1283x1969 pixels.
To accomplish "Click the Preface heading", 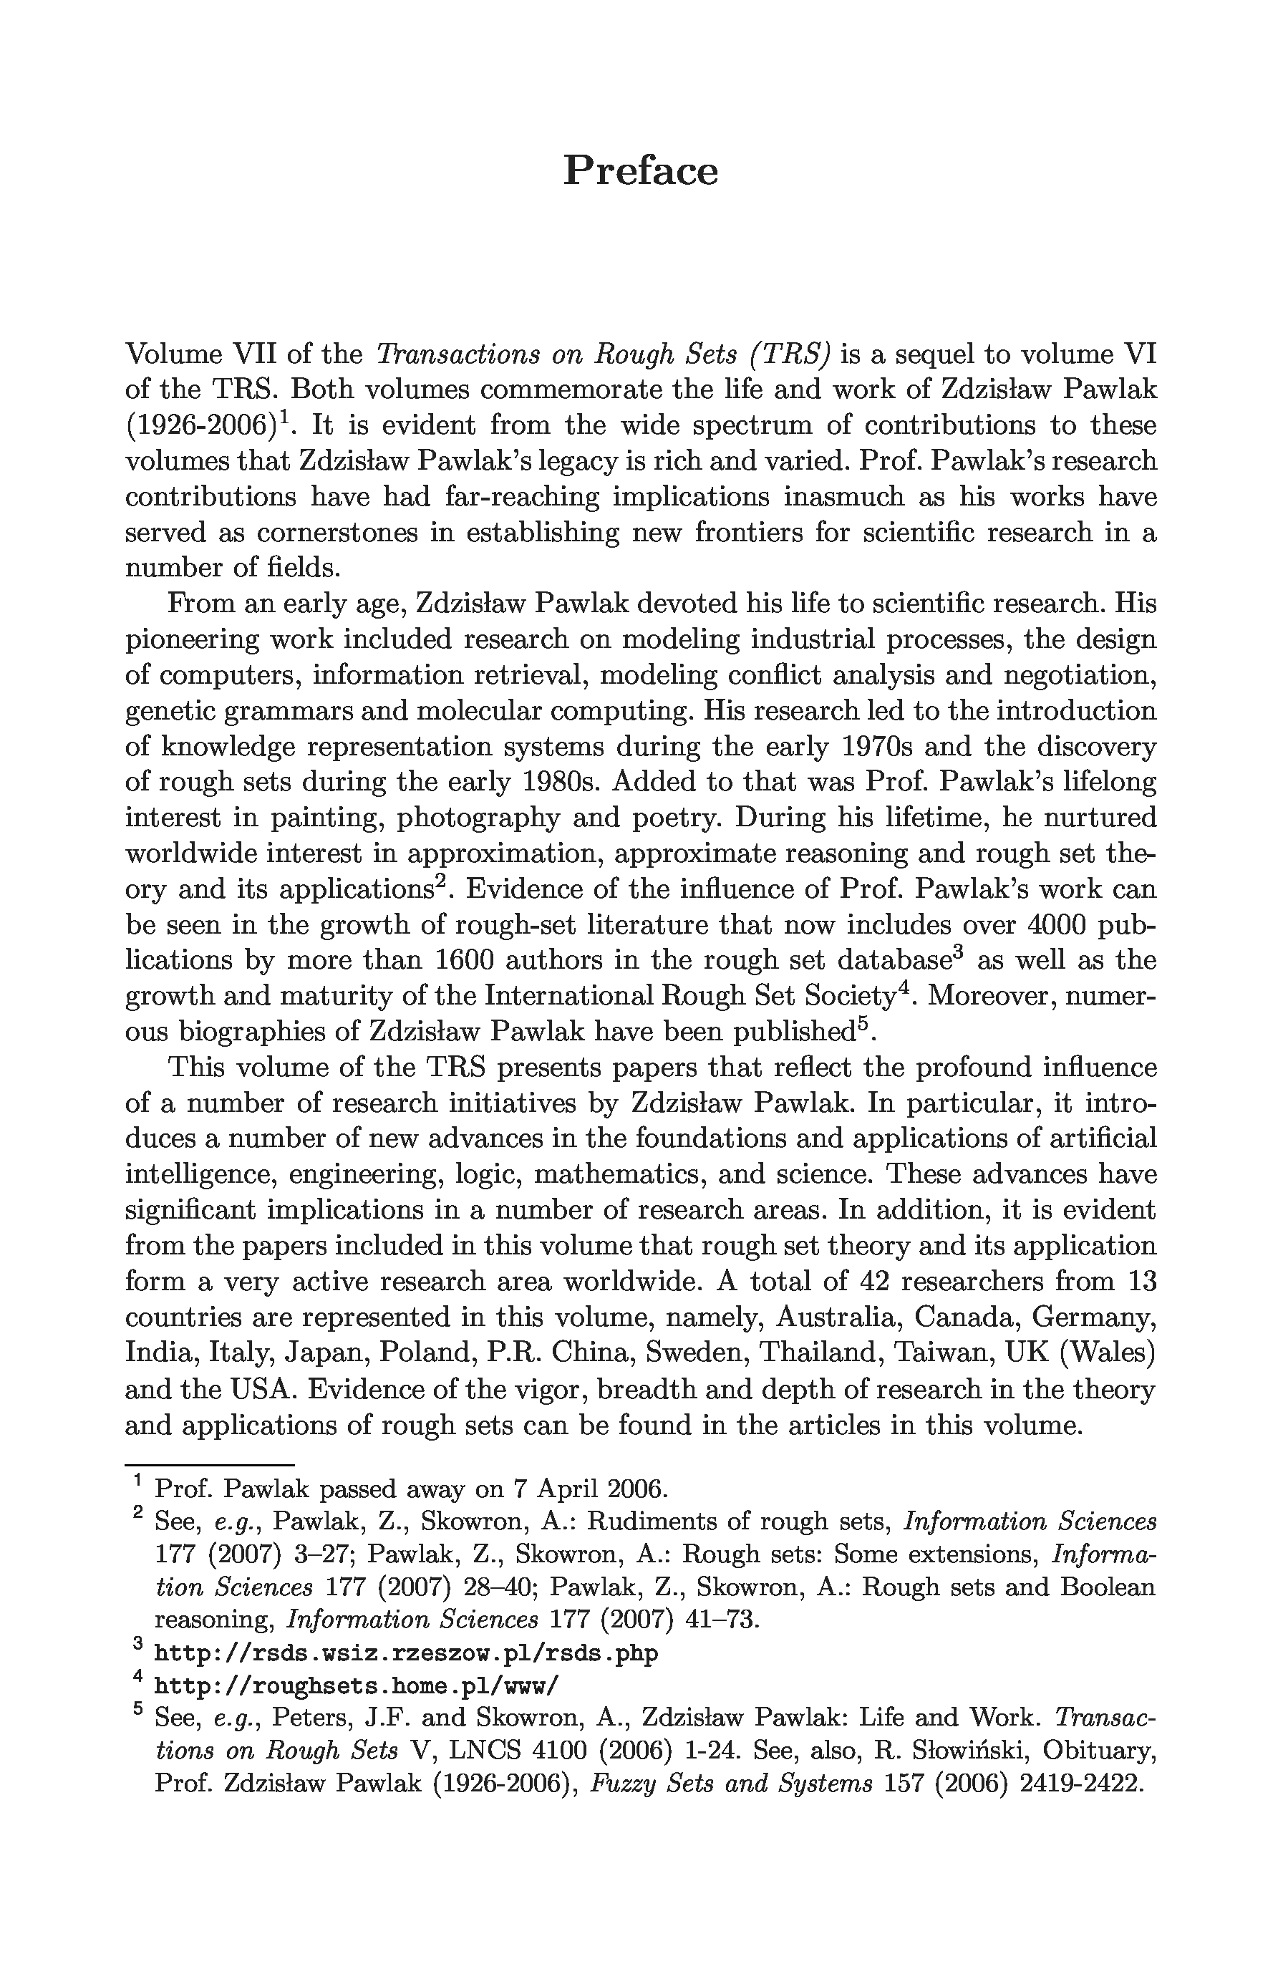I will coord(640,171).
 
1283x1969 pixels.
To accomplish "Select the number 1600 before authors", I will coord(464,960).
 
